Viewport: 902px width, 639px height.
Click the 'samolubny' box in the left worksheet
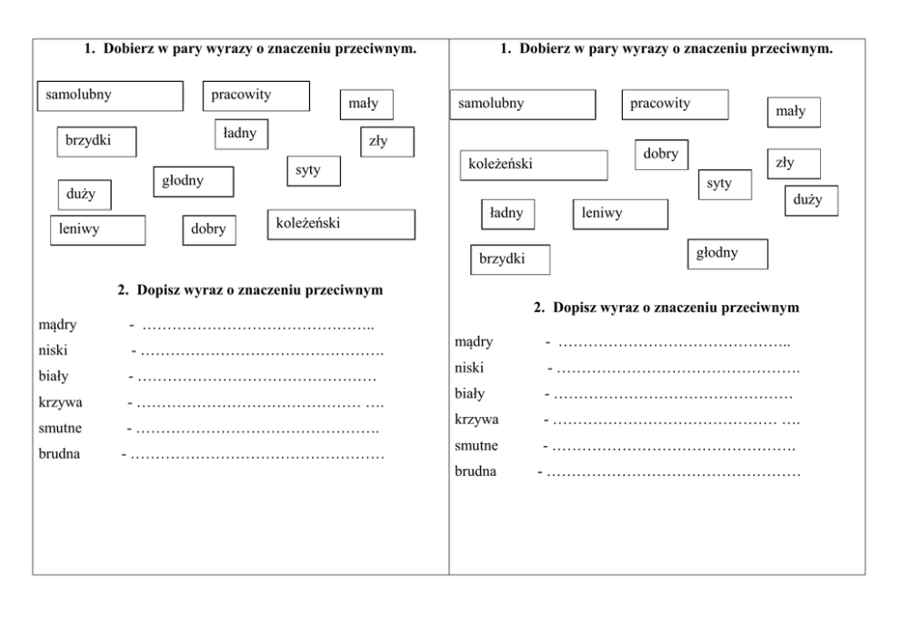tap(109, 96)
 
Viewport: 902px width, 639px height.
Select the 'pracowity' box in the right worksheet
tap(675, 104)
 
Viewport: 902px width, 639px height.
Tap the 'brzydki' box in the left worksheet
tap(95, 141)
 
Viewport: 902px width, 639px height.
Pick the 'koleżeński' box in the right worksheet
tap(533, 165)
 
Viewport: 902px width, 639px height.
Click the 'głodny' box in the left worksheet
tap(193, 181)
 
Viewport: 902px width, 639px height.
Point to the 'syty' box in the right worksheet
tap(725, 184)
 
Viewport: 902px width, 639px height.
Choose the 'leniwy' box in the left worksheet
tap(97, 229)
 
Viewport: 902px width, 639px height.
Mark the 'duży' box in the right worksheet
tap(811, 200)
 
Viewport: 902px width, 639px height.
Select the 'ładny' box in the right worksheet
tap(507, 213)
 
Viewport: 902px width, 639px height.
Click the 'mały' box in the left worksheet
tap(366, 105)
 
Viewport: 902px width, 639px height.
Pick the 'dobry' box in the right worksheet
tap(661, 155)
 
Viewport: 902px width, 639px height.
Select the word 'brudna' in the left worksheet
tap(60, 453)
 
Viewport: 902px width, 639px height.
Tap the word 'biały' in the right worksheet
tap(470, 394)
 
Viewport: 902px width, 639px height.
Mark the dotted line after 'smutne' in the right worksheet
tap(673, 447)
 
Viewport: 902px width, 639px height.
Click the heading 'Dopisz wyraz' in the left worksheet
tap(249, 291)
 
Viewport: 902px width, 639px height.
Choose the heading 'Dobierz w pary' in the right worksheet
tap(666, 49)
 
